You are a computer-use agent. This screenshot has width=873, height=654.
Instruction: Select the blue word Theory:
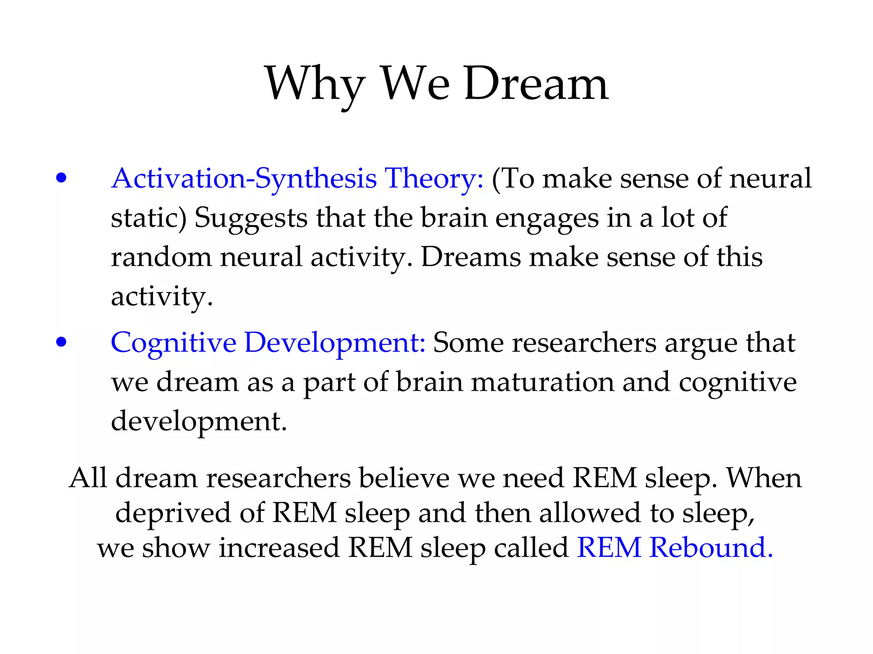(x=434, y=178)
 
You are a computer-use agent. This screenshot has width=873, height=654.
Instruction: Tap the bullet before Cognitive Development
(x=61, y=342)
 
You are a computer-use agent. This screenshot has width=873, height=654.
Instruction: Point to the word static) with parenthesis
(x=148, y=218)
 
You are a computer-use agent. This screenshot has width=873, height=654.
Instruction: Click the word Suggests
(x=251, y=218)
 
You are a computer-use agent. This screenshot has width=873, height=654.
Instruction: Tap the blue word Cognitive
(x=173, y=343)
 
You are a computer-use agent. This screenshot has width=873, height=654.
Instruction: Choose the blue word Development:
(x=335, y=343)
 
